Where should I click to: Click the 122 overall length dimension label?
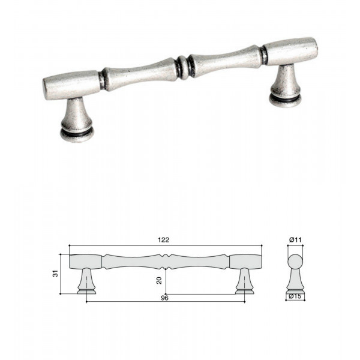pos(163,240)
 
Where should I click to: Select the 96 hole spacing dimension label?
pos(164,298)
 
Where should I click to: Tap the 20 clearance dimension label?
pos(159,280)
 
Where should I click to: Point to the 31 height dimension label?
pos(56,274)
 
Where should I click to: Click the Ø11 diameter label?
pos(295,240)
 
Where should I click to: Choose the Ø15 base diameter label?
pos(295,296)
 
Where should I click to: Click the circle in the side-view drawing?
pos(295,262)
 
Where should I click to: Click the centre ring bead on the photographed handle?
pos(182,68)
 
